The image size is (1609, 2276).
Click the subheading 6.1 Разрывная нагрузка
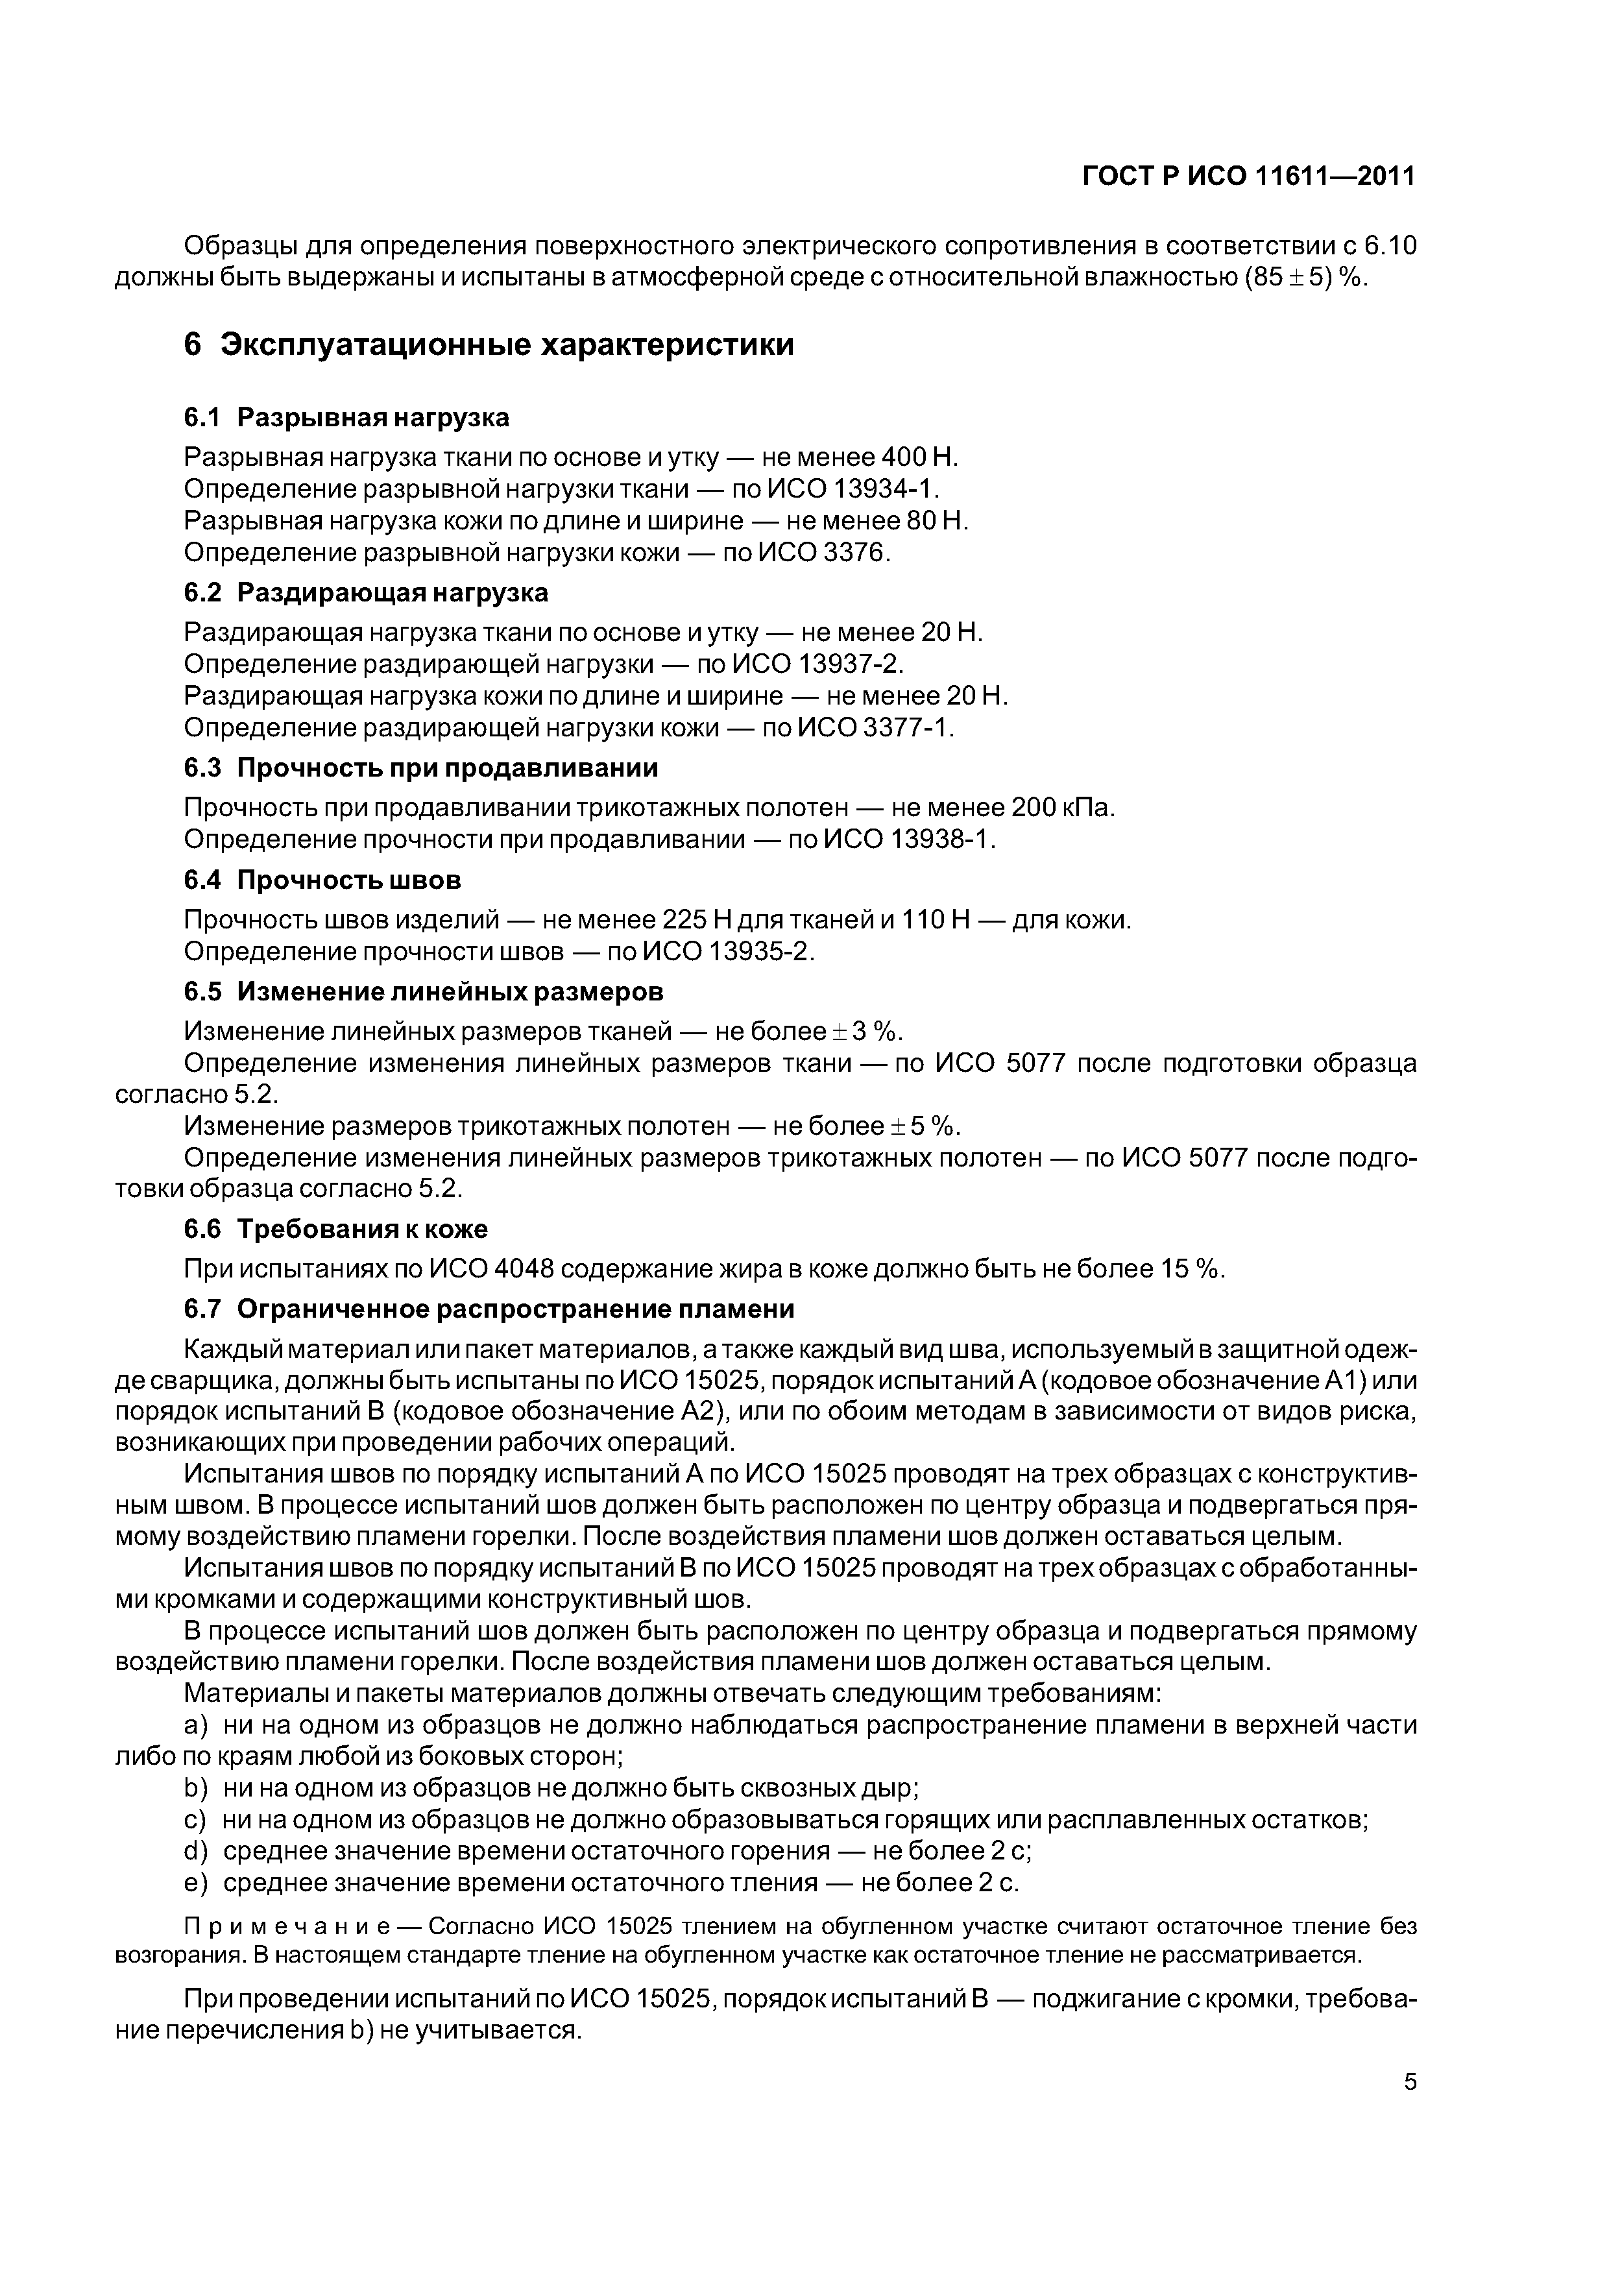tap(346, 417)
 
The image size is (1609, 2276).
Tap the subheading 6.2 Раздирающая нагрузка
tap(366, 593)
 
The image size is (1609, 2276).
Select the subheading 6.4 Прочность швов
tap(322, 880)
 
